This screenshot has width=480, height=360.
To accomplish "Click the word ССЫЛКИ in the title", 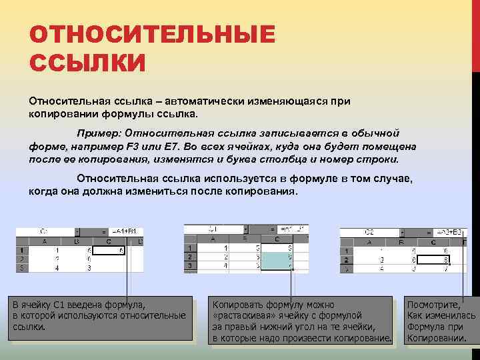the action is (x=87, y=63).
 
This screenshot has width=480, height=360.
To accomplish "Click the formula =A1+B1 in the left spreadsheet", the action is (x=123, y=231).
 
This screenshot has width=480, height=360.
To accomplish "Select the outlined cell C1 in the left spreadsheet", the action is (x=109, y=251).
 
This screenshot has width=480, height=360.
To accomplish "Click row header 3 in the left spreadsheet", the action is (x=21, y=268).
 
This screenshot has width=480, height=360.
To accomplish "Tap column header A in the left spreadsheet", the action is (x=44, y=241).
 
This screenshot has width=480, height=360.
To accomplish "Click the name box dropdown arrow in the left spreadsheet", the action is (x=78, y=231).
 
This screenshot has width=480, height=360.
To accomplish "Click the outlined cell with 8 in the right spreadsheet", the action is (x=438, y=261).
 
